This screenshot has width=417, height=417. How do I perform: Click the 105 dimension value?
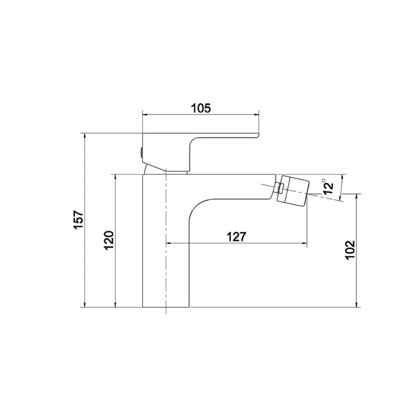(x=201, y=108)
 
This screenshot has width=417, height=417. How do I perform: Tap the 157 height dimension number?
(x=79, y=219)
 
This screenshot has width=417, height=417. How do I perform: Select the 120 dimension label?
(x=109, y=240)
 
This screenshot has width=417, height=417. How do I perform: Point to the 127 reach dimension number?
(x=237, y=236)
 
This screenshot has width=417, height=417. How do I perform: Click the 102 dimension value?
(x=350, y=250)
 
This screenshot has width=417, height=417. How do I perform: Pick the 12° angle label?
(x=329, y=186)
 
